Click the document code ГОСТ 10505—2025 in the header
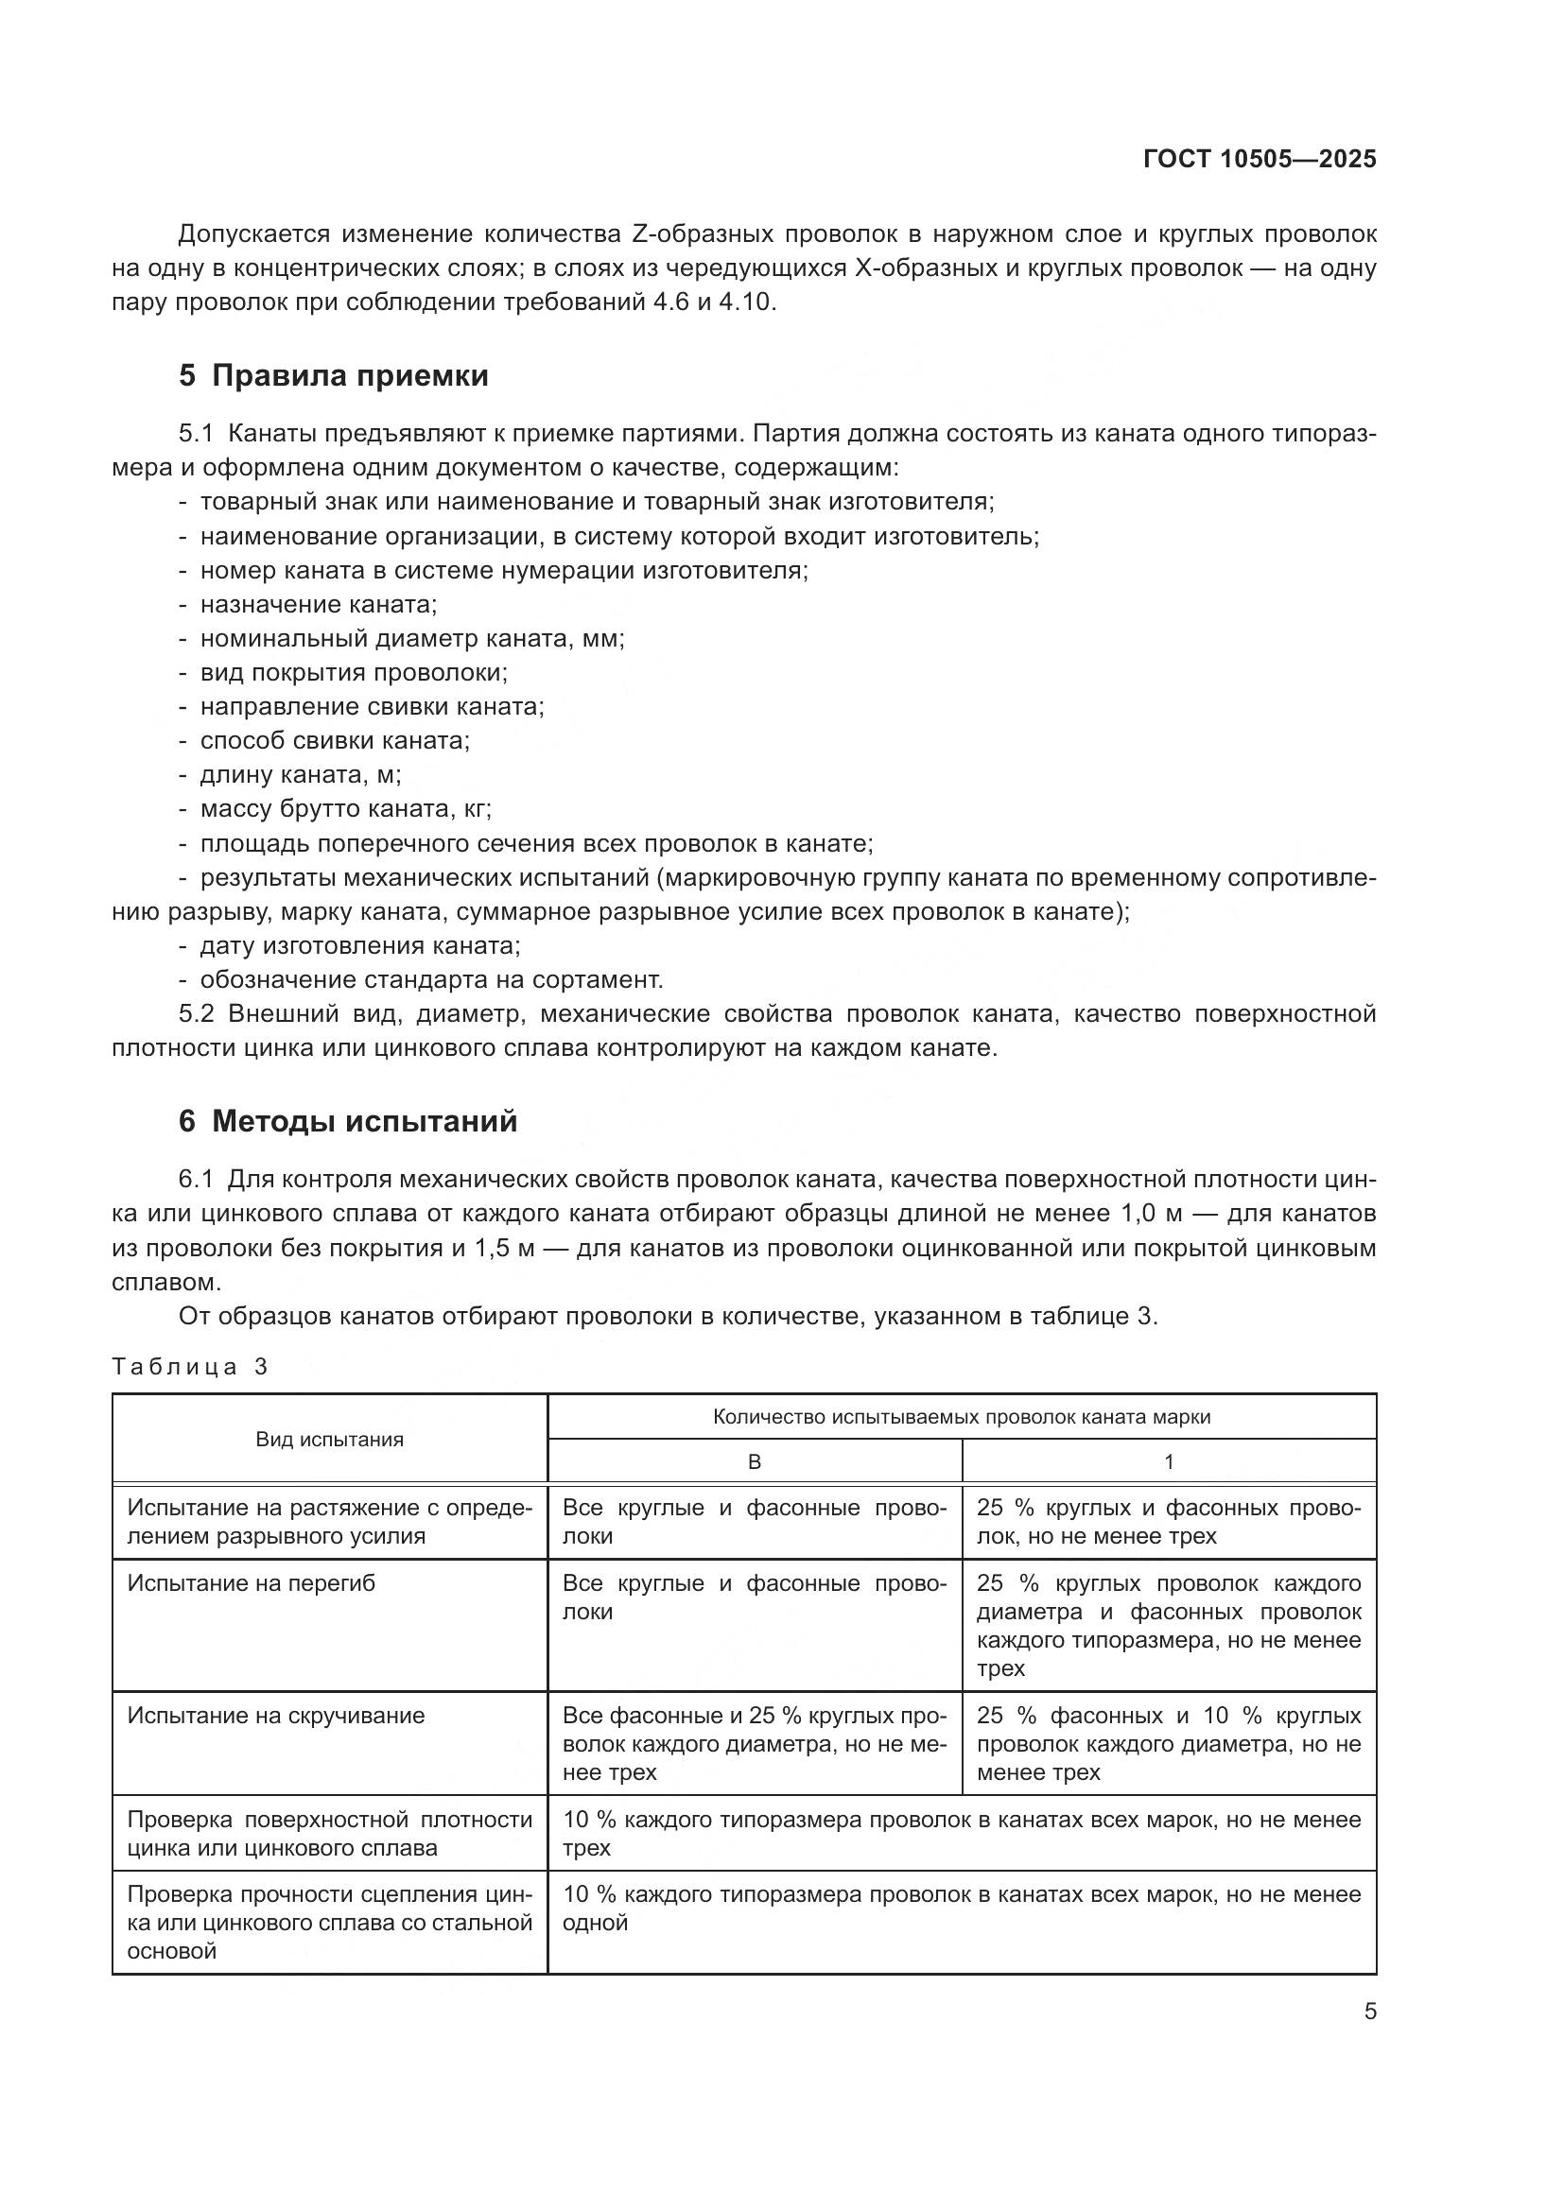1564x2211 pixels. pos(1259,160)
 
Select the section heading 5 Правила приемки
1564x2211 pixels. pos(333,375)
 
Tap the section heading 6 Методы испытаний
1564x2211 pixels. pos(348,1122)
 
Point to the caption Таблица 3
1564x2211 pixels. pos(190,1368)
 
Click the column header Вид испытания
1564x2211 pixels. pos(329,1440)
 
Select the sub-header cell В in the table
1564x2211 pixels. pos(754,1461)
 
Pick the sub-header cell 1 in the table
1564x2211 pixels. pos(1168,1461)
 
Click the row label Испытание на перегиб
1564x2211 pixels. pos(252,1583)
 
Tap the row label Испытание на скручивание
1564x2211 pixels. pos(275,1715)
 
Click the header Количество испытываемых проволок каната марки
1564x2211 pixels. pos(961,1417)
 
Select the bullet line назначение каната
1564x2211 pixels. pos(318,605)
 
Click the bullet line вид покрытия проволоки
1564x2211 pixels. pos(354,673)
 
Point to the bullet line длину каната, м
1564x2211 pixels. pos(301,775)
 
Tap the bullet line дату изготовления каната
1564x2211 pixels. pos(359,945)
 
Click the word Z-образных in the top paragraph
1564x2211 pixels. pos(701,234)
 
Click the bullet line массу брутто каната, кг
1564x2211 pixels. pos(345,809)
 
